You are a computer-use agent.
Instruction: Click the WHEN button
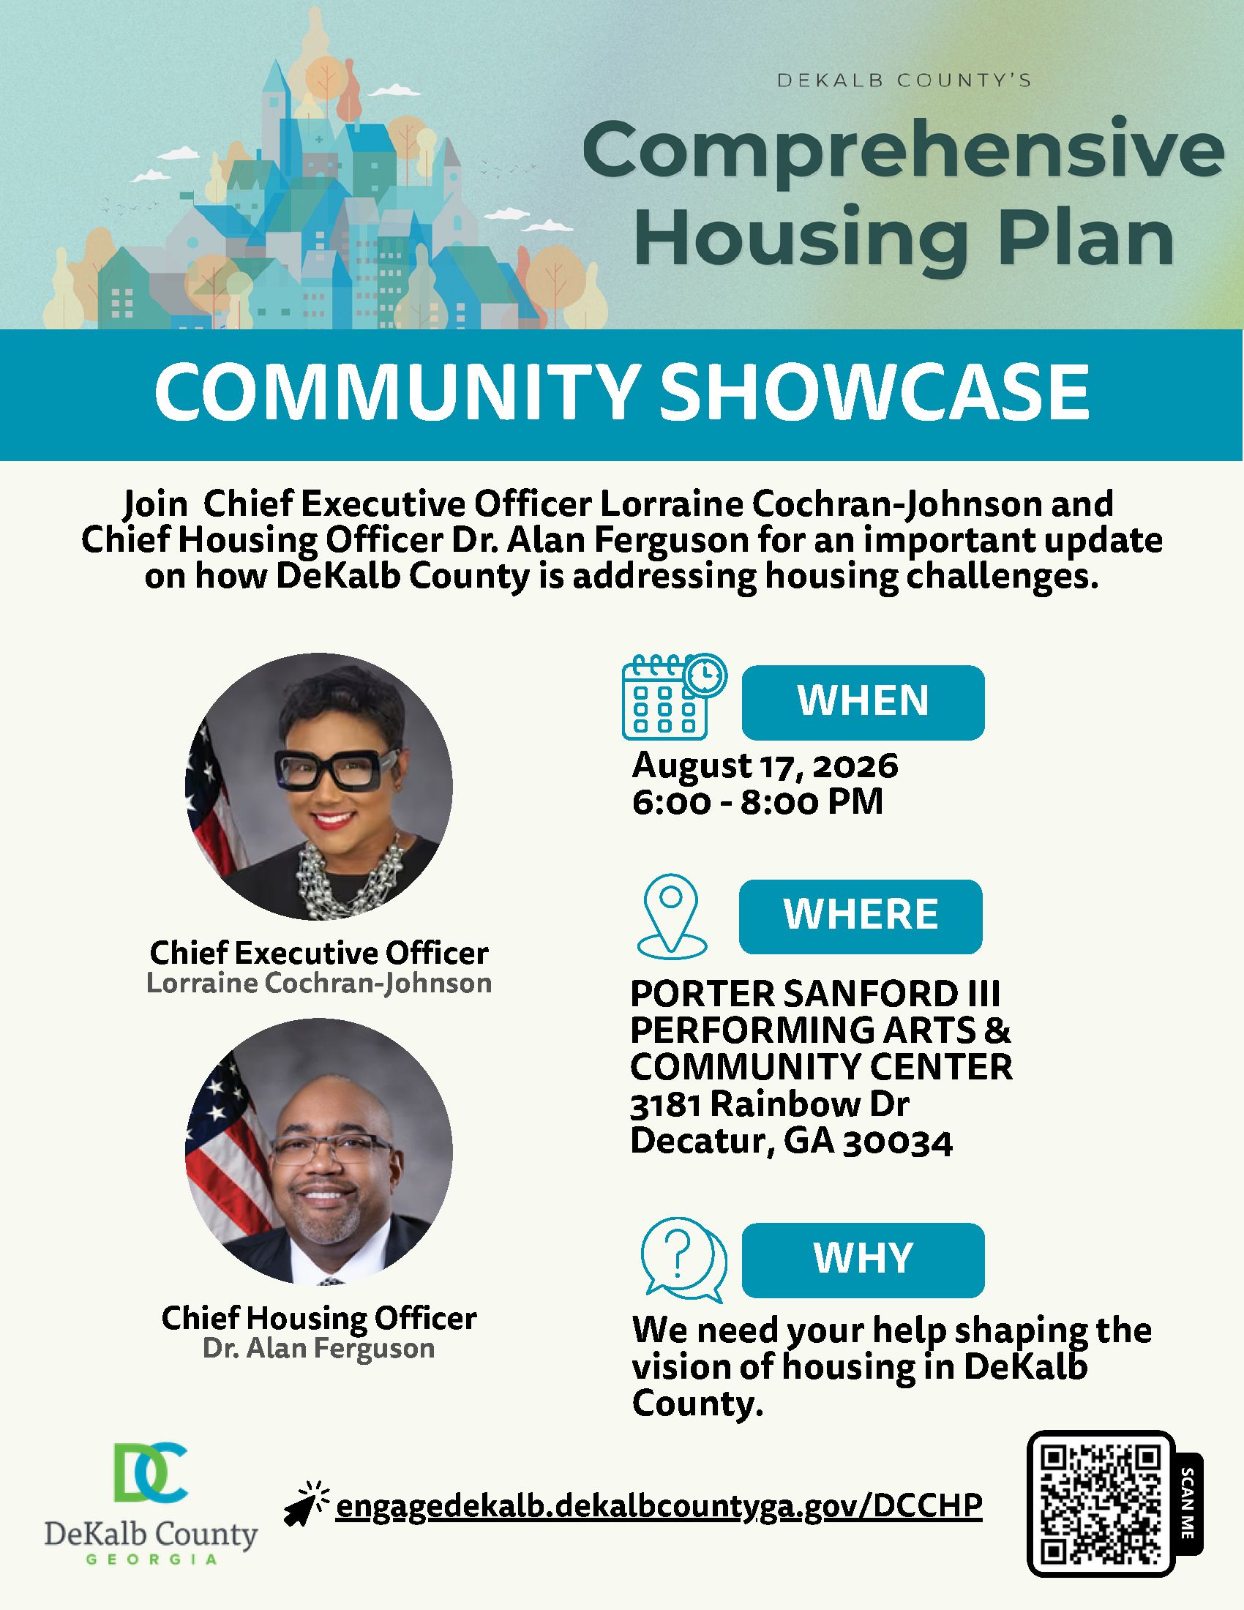click(863, 703)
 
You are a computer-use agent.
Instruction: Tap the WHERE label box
click(861, 916)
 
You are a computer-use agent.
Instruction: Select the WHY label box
click(863, 1260)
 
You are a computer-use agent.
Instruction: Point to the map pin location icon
click(671, 916)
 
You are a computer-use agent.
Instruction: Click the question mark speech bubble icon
click(684, 1259)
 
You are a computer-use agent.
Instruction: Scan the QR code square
click(1101, 1504)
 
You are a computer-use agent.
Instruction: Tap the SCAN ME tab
click(1187, 1504)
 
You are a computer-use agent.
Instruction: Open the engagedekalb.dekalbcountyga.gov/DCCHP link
click(659, 1505)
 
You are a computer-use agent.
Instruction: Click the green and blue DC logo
click(150, 1472)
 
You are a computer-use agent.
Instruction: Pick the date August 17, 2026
click(765, 765)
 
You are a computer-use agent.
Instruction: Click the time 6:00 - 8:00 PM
click(757, 801)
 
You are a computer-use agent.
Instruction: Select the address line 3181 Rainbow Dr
click(769, 1104)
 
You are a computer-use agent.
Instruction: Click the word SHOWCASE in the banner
click(874, 392)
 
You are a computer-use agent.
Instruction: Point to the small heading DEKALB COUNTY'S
click(904, 80)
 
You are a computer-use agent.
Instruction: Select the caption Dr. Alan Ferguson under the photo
click(318, 1348)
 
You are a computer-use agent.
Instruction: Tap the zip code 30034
click(898, 1142)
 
